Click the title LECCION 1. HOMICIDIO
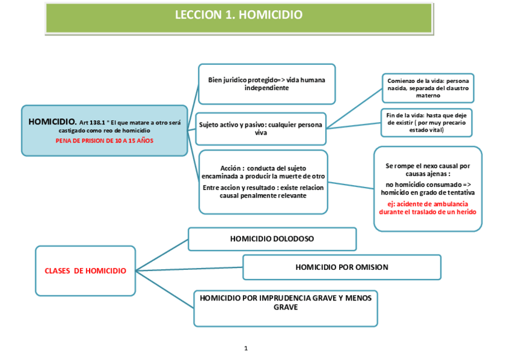[239, 15]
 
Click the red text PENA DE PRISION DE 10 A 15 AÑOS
[105, 140]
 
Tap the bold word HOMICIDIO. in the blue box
[52, 122]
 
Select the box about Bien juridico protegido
[266, 84]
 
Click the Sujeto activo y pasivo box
[260, 128]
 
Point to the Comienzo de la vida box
[428, 88]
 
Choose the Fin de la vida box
[426, 122]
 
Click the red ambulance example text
[428, 208]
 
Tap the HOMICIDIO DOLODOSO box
[272, 239]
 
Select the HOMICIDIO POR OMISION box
[342, 267]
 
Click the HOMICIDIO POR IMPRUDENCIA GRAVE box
[286, 302]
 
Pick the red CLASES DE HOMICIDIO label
[85, 271]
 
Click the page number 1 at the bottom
[246, 348]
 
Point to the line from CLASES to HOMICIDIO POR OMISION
[189, 269]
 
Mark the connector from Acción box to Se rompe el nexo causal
[351, 185]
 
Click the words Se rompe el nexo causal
[428, 166]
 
